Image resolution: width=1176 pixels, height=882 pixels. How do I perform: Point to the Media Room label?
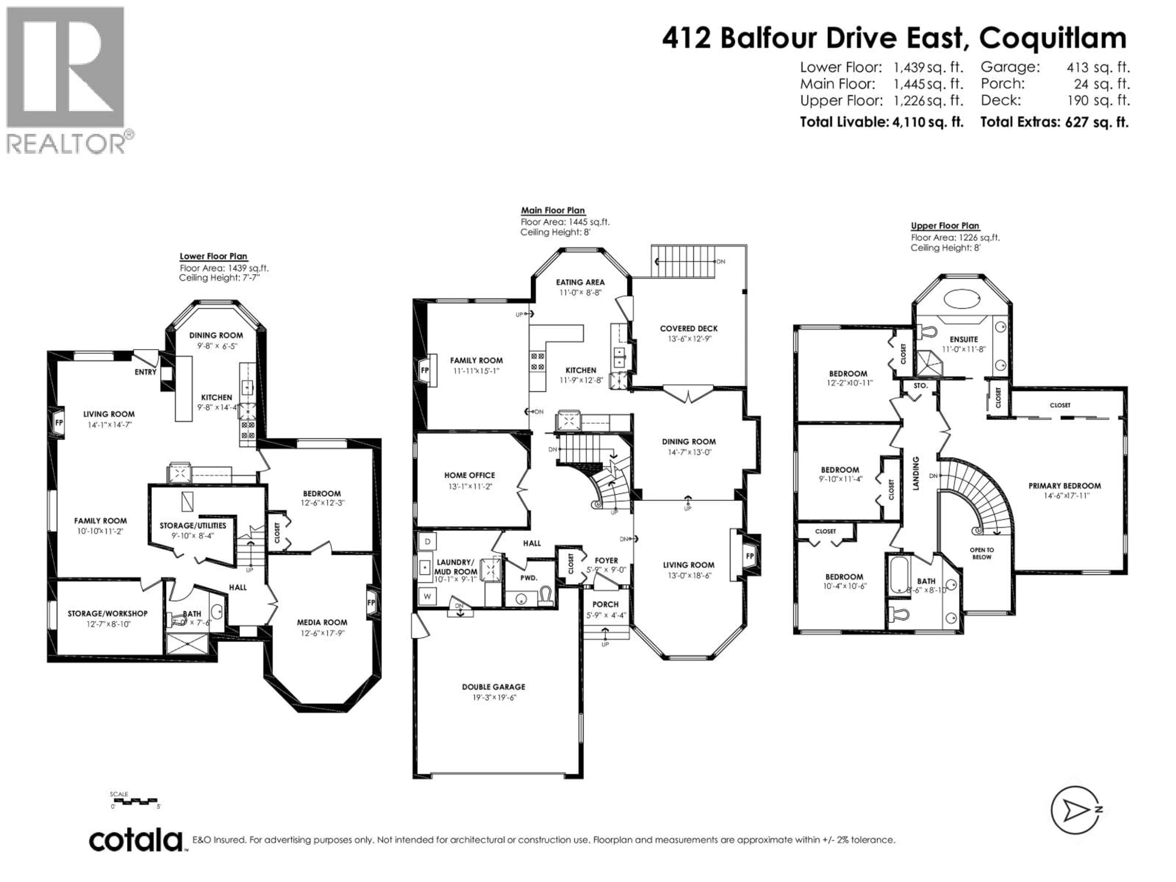pyautogui.click(x=322, y=622)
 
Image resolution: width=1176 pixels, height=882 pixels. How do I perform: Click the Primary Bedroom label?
pyautogui.click(x=1064, y=485)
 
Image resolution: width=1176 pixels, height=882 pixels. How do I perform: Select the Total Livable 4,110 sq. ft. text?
pyautogui.click(x=881, y=122)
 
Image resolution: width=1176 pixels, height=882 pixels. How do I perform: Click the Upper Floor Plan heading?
pyautogui.click(x=945, y=226)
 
